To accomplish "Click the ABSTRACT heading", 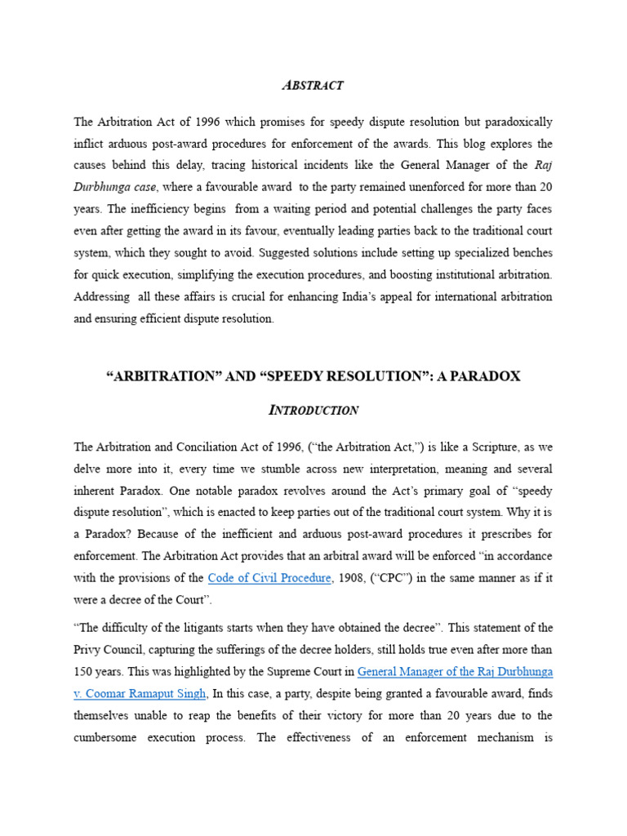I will pyautogui.click(x=313, y=85).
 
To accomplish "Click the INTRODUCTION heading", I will pyautogui.click(x=313, y=410).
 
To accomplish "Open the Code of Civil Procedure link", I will pyautogui.click(x=269, y=578).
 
